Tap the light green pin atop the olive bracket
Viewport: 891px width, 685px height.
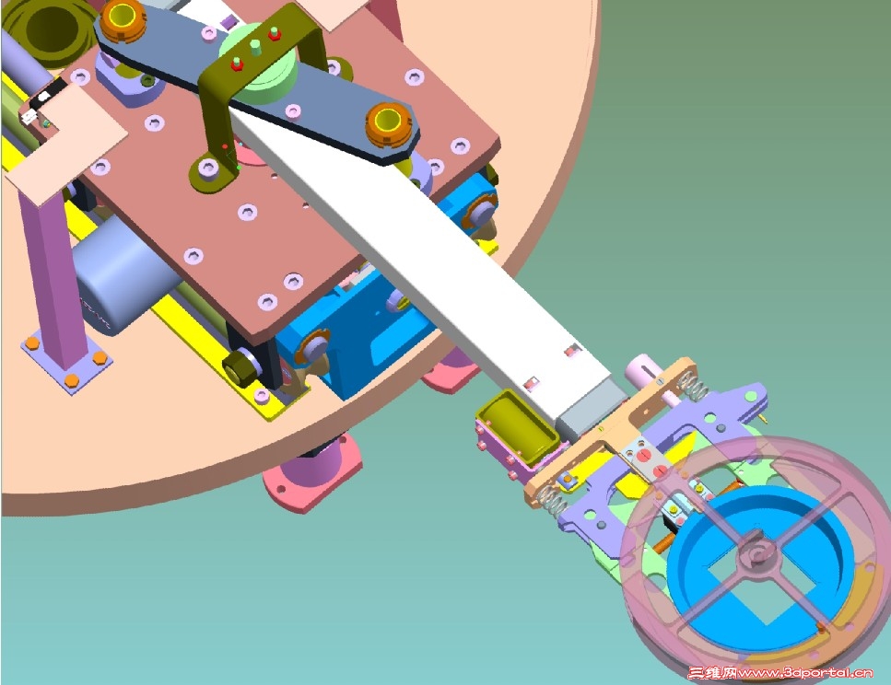[x=255, y=47]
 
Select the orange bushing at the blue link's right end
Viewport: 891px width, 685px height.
[x=388, y=124]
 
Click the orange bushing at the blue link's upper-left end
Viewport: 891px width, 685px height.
[x=123, y=19]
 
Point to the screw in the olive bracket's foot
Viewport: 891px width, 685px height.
[x=208, y=168]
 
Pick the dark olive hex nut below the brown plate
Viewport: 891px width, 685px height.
[x=238, y=367]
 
